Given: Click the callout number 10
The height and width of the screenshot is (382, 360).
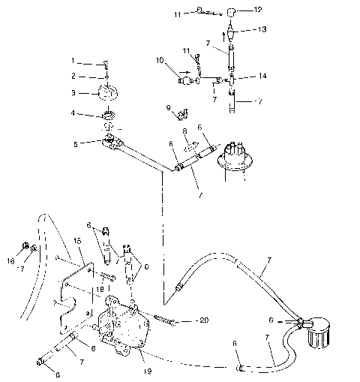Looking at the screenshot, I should [x=160, y=59].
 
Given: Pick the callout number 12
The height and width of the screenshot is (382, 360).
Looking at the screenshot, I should [x=259, y=10].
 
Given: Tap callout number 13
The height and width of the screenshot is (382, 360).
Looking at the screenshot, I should [x=259, y=29].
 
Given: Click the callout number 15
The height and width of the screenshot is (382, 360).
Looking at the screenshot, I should [x=76, y=240].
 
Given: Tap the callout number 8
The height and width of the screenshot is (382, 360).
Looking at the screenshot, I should [x=184, y=131].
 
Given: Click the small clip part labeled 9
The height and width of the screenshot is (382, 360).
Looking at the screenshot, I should [x=180, y=114].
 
